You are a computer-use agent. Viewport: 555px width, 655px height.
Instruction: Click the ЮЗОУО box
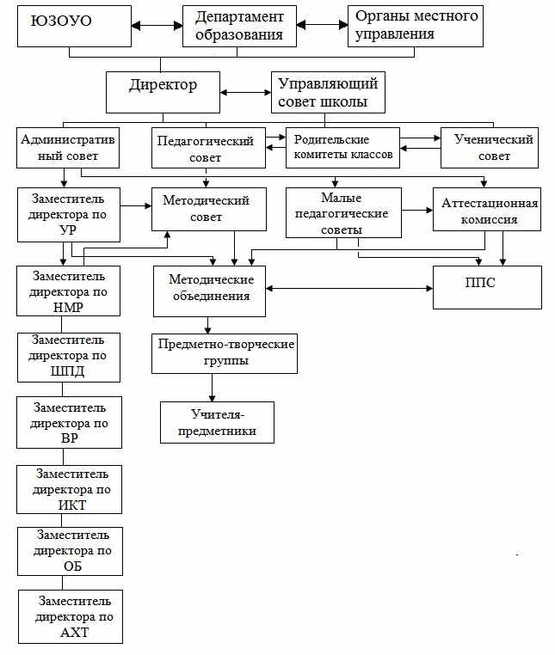[x=74, y=26]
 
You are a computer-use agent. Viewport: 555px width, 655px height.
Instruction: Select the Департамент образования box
[x=239, y=26]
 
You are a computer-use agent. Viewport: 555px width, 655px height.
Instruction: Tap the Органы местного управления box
[x=416, y=26]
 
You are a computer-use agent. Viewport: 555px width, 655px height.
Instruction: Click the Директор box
[x=163, y=92]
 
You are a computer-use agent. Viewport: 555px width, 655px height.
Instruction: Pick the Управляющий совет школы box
[x=328, y=92]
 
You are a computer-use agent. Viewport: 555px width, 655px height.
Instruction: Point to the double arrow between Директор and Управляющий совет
[x=245, y=92]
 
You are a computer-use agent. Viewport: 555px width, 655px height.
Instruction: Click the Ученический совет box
[x=490, y=148]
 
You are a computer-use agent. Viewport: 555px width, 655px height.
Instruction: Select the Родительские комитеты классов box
[x=342, y=148]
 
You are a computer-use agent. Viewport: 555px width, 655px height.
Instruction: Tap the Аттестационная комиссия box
[x=487, y=209]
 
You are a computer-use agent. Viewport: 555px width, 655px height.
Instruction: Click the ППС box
[x=487, y=287]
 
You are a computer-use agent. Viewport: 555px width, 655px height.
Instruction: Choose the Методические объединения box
[x=209, y=291]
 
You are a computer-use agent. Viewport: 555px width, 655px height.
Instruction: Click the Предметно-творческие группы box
[x=225, y=353]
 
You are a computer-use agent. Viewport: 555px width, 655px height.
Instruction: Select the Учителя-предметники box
[x=217, y=422]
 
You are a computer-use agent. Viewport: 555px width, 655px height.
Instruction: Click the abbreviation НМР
[x=68, y=308]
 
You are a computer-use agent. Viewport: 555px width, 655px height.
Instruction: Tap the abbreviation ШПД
[x=67, y=371]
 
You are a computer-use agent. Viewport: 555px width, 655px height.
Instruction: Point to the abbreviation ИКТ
[x=72, y=505]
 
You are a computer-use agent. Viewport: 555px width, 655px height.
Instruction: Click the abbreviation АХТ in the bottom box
[x=75, y=633]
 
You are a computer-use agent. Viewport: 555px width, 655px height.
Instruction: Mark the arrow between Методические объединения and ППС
[x=349, y=288]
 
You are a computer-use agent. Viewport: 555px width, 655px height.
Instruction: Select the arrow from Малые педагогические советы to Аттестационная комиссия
[x=417, y=210]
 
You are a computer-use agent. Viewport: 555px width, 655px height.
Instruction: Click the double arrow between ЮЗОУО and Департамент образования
[x=157, y=26]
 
